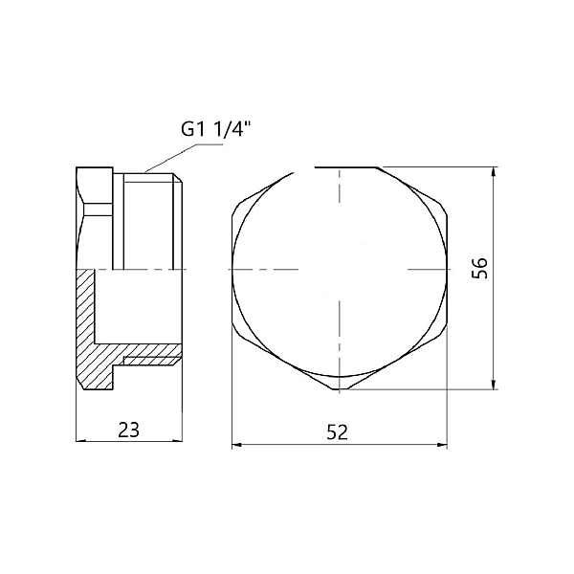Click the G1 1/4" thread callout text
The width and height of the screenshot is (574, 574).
(217, 129)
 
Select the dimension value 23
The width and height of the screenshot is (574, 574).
(129, 430)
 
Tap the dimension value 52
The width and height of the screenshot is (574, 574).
(337, 432)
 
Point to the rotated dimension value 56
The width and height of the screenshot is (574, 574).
(480, 268)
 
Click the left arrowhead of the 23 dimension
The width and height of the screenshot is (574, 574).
(80, 441)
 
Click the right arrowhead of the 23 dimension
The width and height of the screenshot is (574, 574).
(178, 441)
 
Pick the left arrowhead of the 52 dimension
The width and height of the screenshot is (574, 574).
(237, 445)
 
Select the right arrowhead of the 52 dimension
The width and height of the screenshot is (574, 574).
(442, 445)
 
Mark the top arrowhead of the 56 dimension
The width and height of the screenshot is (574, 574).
(494, 172)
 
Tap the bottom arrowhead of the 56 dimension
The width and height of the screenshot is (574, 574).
(494, 385)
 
